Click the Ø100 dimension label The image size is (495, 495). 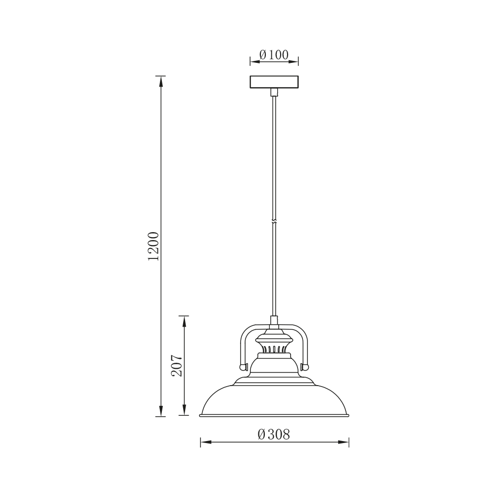[x=274, y=55]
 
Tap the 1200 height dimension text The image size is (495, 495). [x=153, y=246]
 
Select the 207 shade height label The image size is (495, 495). [x=177, y=366]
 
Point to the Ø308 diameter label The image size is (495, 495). [x=274, y=435]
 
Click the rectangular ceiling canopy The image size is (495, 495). [x=274, y=82]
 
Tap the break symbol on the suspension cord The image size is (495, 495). [x=274, y=221]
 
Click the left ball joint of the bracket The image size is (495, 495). [x=243, y=367]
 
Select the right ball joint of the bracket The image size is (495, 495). [x=305, y=367]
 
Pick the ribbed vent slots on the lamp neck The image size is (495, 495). [x=274, y=348]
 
